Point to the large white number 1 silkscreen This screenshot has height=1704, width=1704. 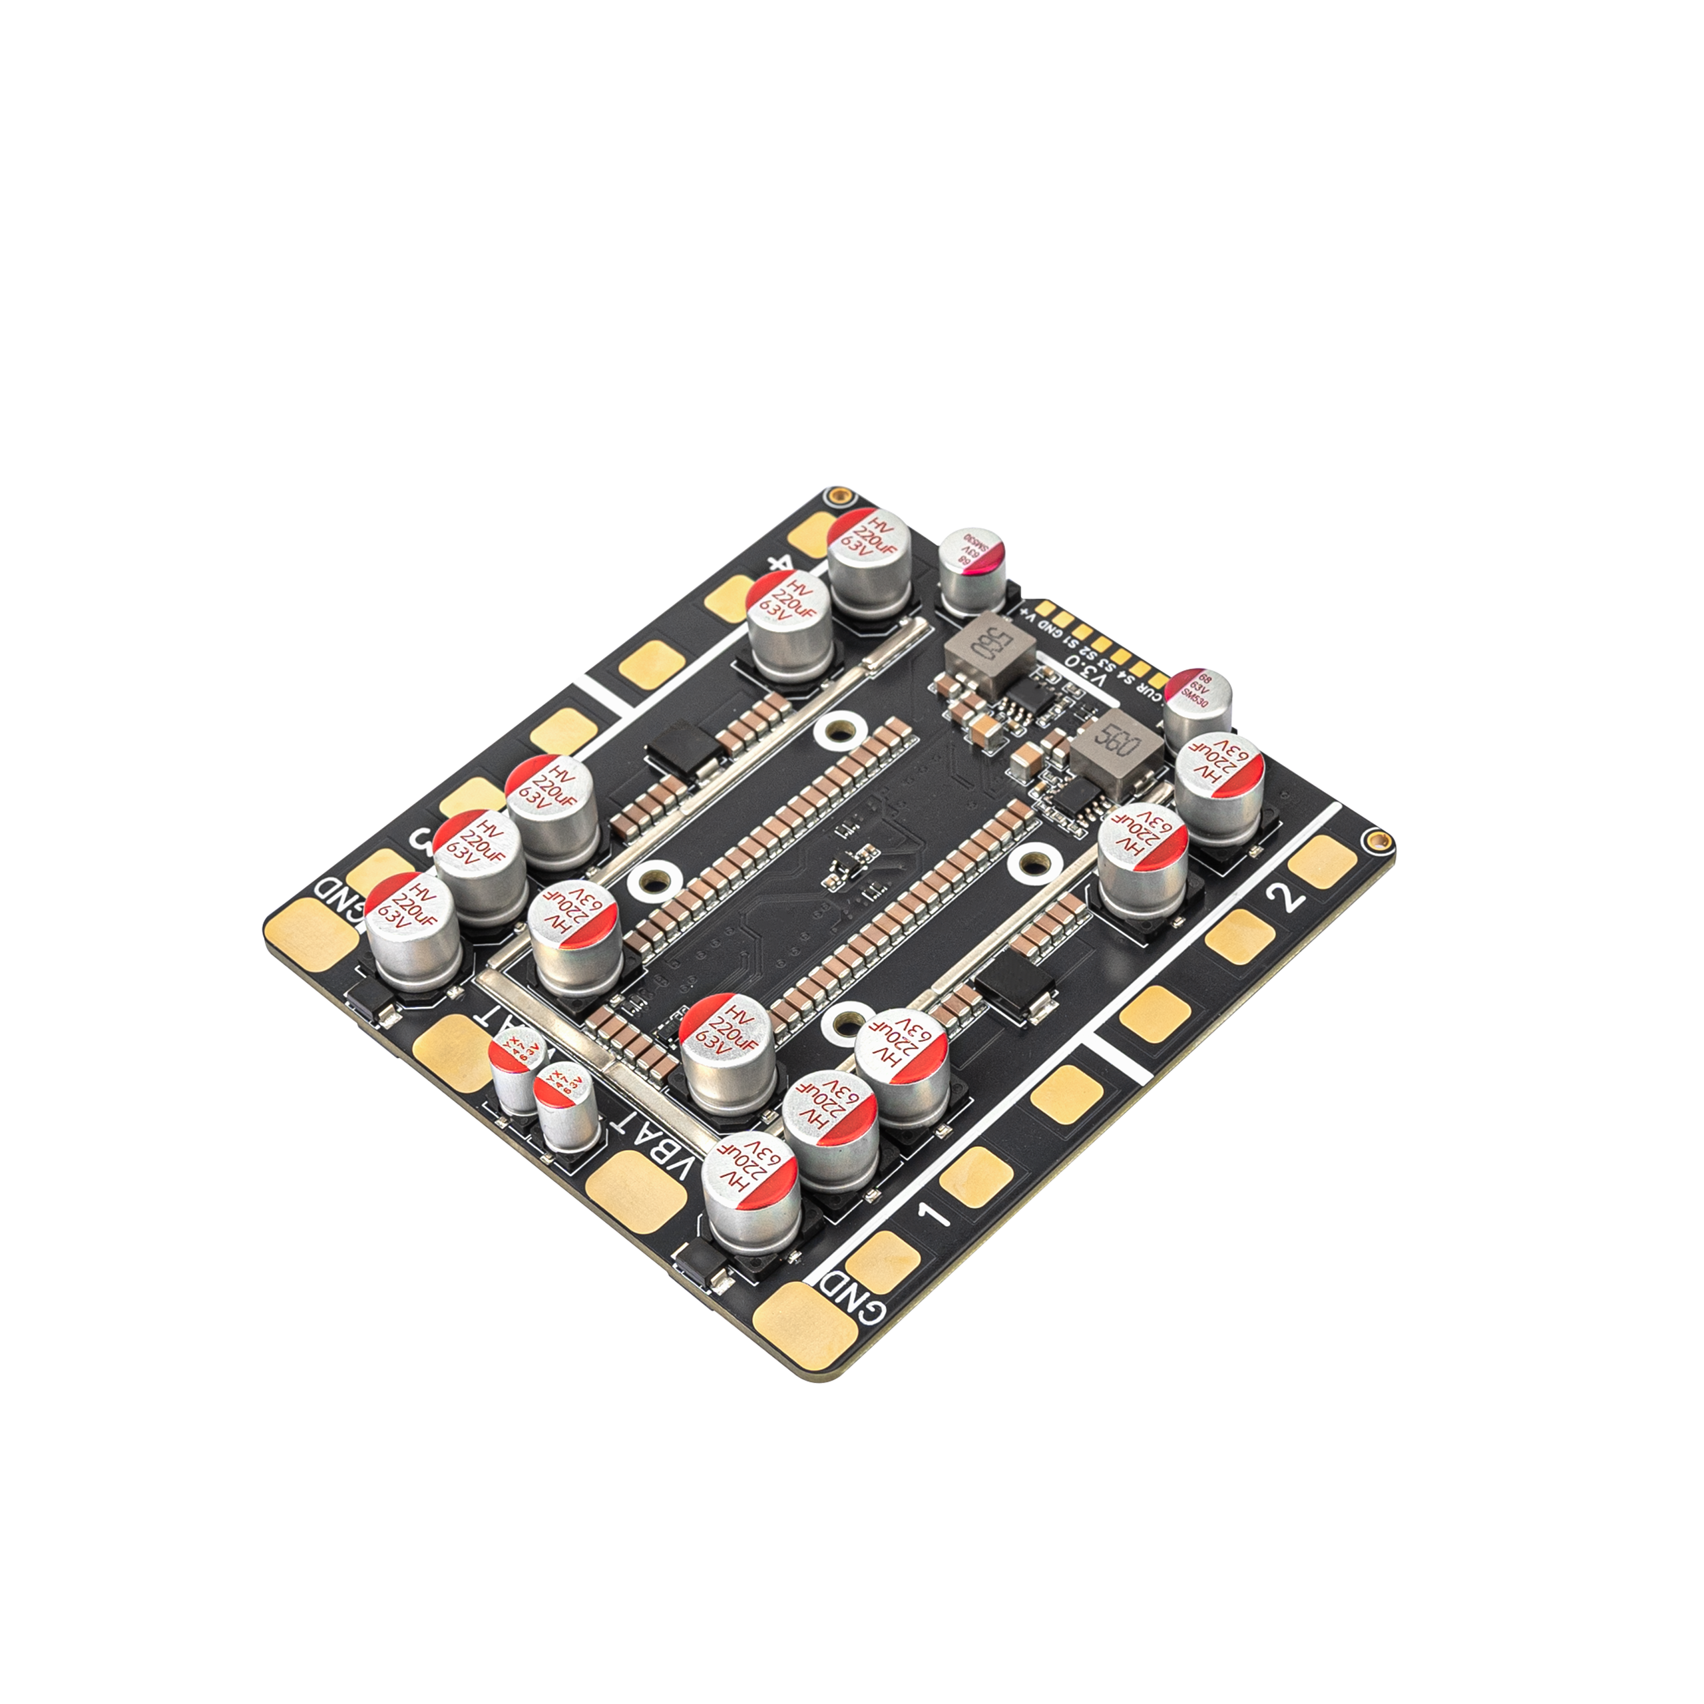point(935,1213)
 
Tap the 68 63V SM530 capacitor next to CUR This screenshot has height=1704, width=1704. point(1197,703)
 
